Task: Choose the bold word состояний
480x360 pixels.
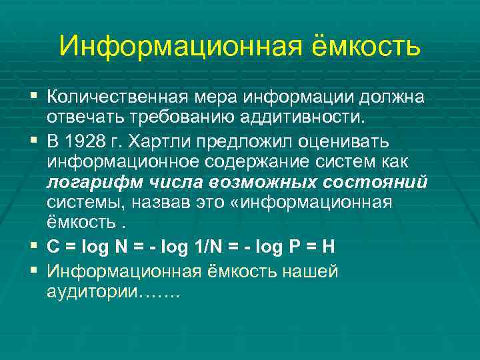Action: [x=373, y=183]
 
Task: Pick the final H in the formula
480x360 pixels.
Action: [x=327, y=247]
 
